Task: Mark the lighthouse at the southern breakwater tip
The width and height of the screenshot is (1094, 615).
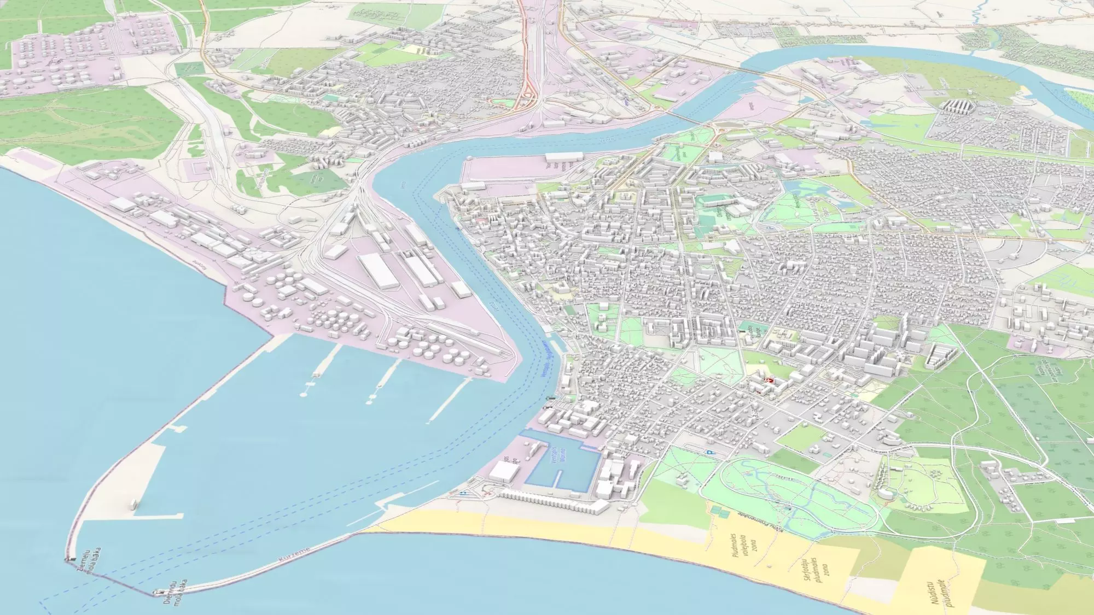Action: [159, 591]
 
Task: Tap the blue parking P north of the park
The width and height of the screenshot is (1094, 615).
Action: [710, 453]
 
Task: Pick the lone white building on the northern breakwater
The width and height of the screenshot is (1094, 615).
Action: [133, 504]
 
